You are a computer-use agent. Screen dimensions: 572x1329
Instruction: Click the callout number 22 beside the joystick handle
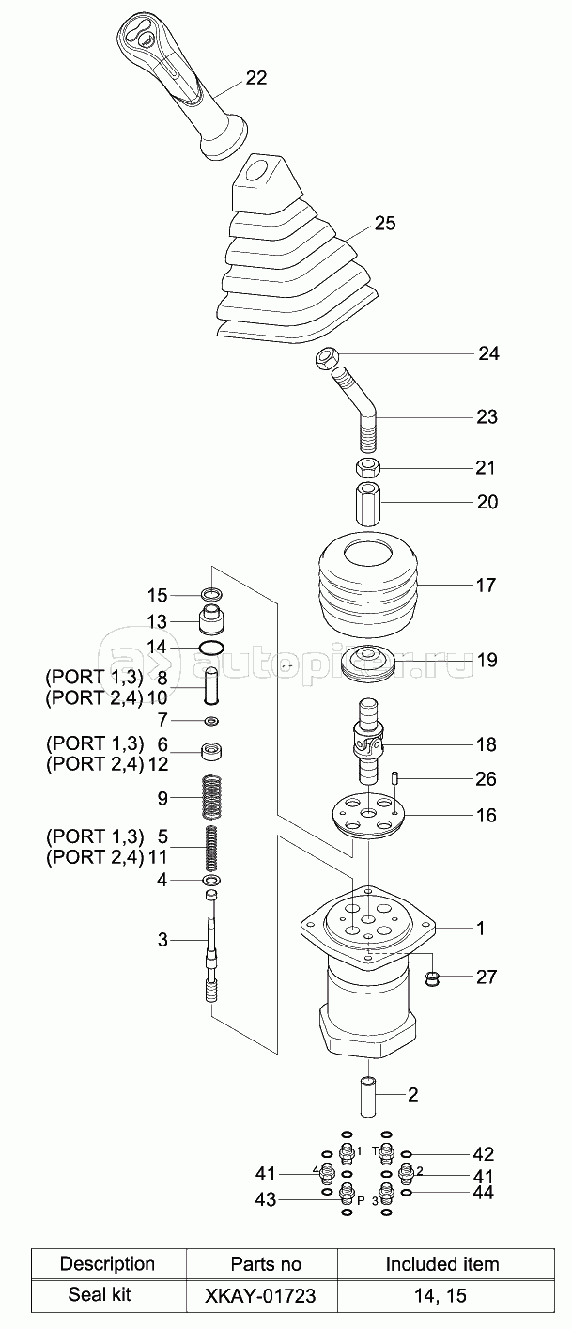coord(256,78)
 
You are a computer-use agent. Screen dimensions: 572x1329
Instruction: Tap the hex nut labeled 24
coord(325,358)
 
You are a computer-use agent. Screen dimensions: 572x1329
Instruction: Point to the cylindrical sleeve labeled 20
coord(368,503)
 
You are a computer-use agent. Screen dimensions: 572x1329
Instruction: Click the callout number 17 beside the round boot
coord(486,585)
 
